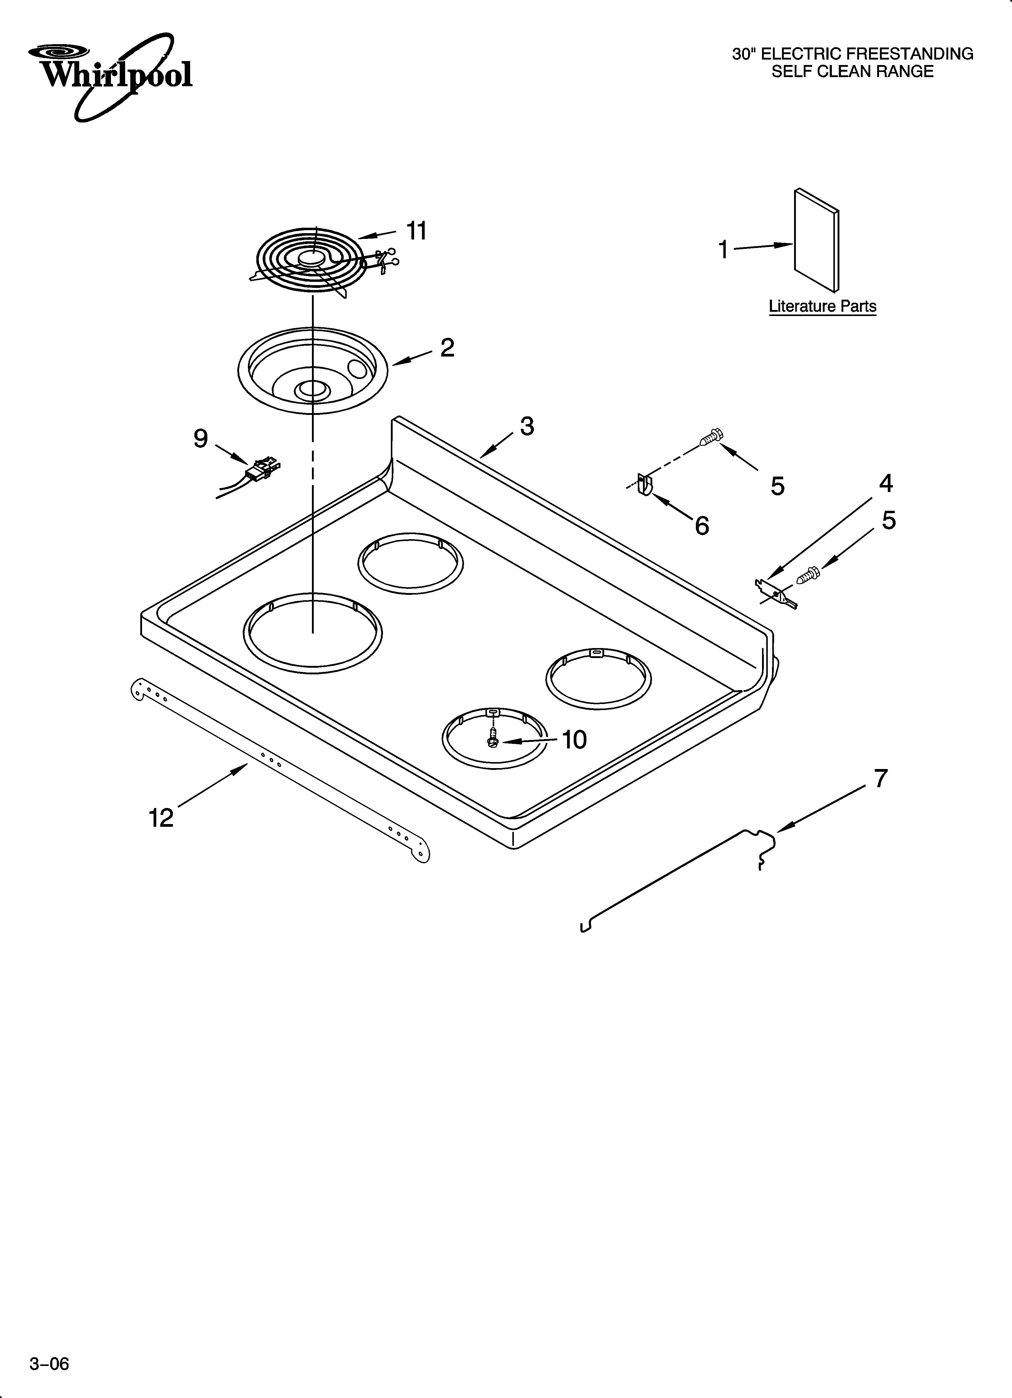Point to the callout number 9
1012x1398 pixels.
tap(201, 439)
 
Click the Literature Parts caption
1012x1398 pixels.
tap(822, 306)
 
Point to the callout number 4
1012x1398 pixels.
tap(886, 483)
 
